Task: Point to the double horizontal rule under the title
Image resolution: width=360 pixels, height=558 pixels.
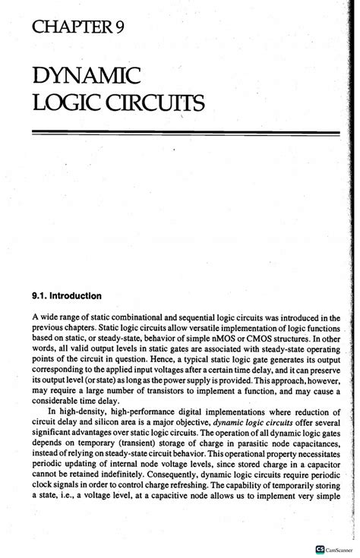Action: (x=185, y=134)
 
